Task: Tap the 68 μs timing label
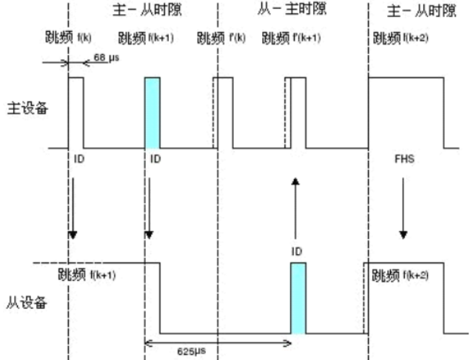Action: [107, 59]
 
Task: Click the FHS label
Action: [403, 159]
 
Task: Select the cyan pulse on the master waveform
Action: [152, 113]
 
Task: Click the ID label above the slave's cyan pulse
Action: [297, 252]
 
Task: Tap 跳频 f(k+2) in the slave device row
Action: [403, 276]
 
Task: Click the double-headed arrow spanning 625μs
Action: [219, 341]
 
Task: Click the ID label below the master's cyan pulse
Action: [155, 159]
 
